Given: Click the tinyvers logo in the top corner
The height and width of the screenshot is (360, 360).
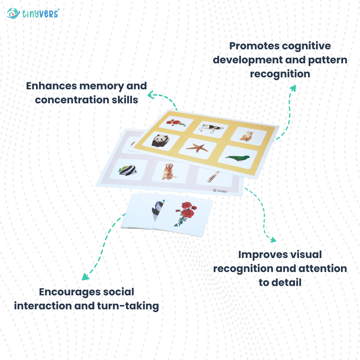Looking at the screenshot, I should point(33,13).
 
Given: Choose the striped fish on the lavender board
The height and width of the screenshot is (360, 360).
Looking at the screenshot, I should point(128,170).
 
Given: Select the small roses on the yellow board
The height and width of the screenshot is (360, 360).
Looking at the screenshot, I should point(175,123).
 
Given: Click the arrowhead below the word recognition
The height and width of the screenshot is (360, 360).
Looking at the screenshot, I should point(293,87).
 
